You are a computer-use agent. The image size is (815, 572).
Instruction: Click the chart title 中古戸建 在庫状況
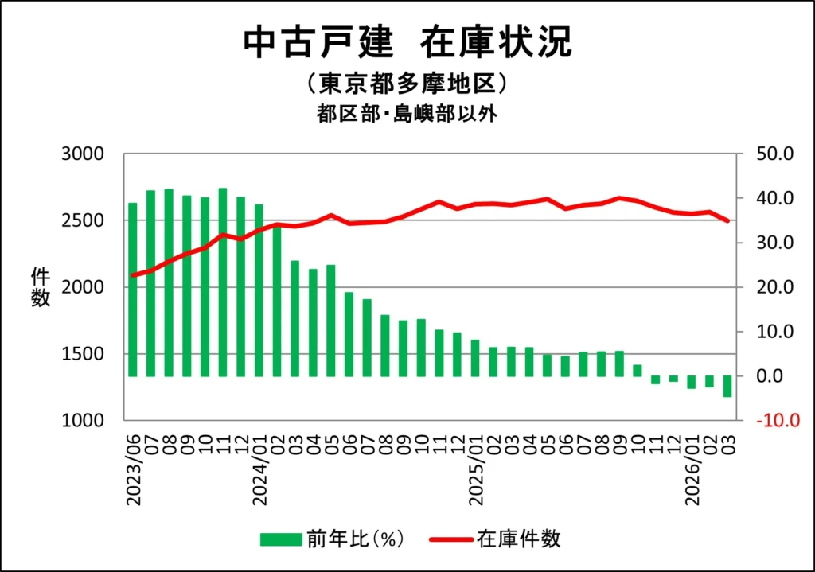tap(407, 43)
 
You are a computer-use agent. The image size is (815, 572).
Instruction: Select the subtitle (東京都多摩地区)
tap(407, 84)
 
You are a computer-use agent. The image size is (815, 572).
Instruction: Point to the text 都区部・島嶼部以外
tap(407, 114)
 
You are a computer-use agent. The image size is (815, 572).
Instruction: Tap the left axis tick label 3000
tap(83, 154)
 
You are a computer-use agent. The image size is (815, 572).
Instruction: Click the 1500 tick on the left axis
tap(83, 354)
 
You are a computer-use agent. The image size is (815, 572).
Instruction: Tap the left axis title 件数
tap(41, 287)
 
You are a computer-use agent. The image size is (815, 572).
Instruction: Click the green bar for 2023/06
tap(133, 290)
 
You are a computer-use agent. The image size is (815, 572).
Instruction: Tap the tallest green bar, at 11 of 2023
tap(223, 282)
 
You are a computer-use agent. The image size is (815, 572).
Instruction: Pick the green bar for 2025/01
tap(475, 358)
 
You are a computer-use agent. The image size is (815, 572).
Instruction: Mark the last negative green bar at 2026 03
tap(727, 386)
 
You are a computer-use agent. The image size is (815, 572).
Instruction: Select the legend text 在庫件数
tap(519, 539)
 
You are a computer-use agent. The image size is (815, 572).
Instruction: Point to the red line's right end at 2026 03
tap(727, 221)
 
